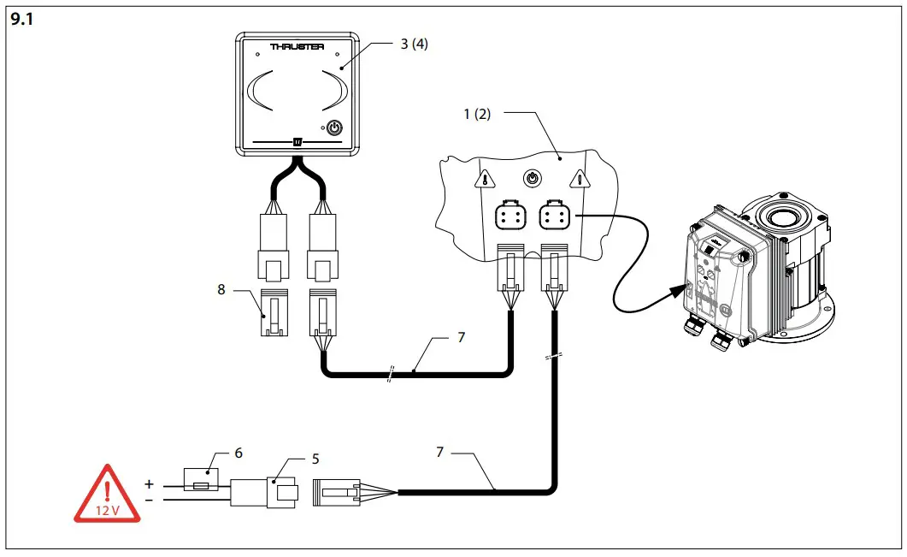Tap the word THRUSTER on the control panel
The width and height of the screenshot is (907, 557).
(x=297, y=47)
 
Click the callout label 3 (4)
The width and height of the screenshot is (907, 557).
(x=413, y=44)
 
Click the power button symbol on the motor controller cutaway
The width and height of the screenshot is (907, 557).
(x=533, y=179)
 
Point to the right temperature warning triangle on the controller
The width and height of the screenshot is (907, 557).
(x=581, y=179)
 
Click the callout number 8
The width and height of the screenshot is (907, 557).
(x=221, y=289)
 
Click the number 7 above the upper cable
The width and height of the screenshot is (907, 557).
(x=461, y=338)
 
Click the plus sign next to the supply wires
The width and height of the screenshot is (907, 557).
(x=149, y=483)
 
